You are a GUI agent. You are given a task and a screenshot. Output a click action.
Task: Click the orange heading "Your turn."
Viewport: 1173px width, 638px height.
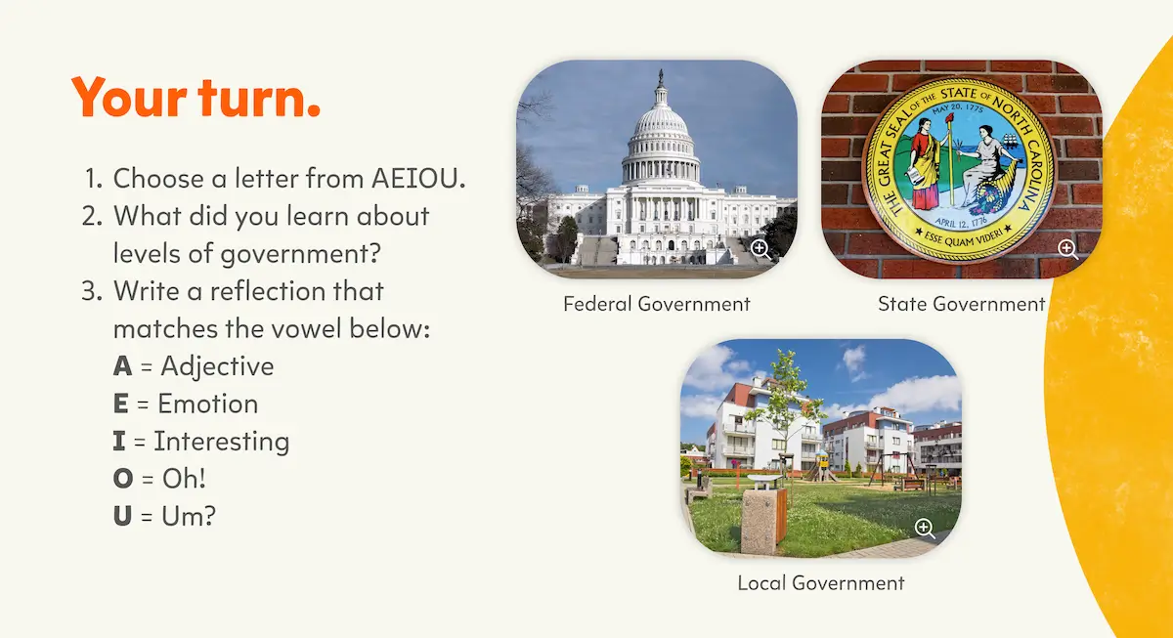tap(196, 98)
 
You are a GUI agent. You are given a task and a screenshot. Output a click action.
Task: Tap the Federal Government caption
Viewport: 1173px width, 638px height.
tap(657, 304)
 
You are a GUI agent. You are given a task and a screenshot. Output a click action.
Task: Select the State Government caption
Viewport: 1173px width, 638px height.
tap(961, 304)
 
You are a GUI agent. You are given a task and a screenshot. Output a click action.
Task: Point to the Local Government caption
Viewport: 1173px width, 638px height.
tap(821, 583)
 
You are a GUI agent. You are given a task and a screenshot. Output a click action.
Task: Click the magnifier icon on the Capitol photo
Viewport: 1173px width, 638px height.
tap(760, 249)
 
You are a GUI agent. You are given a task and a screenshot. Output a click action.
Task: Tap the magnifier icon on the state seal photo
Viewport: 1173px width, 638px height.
tap(1068, 249)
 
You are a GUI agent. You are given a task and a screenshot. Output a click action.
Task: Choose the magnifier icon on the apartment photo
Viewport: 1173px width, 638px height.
tap(925, 529)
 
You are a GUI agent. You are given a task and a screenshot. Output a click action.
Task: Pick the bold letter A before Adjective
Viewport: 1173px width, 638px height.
tap(122, 366)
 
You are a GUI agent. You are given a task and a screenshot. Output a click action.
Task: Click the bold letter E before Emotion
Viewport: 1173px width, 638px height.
tap(121, 404)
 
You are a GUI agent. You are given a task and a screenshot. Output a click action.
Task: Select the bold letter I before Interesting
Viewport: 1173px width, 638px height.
tap(119, 442)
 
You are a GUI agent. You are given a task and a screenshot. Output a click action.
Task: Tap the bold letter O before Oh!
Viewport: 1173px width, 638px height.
tap(123, 479)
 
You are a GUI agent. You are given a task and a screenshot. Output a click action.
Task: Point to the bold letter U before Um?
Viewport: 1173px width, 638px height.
tap(122, 516)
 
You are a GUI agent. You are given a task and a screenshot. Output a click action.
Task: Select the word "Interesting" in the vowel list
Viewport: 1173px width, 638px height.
tap(222, 442)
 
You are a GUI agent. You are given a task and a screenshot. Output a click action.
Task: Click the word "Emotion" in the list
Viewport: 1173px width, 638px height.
tap(208, 404)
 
